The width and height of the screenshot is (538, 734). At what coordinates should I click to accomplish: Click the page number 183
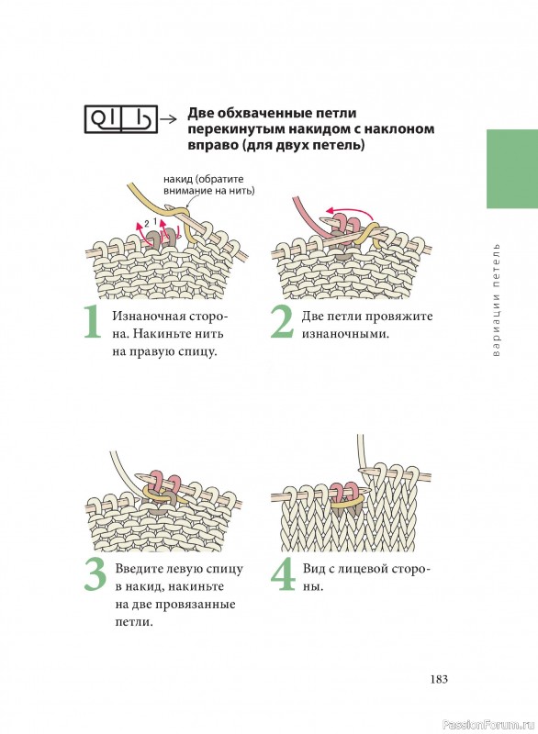pos(439,679)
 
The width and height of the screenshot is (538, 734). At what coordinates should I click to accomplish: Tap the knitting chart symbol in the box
pos(120,119)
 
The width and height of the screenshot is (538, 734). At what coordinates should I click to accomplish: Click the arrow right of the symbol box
pos(168,119)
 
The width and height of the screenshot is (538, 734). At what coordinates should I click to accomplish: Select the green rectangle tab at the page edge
pos(512,169)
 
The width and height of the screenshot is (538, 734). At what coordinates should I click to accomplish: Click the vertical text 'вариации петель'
pos(497,300)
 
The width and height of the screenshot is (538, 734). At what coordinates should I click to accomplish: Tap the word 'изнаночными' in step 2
pos(345,334)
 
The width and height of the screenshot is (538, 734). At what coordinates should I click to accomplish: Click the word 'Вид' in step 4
pos(312,569)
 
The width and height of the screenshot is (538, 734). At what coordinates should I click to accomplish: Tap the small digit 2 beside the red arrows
pos(147,223)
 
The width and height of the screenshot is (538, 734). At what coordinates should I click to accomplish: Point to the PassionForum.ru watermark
pos(488,725)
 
